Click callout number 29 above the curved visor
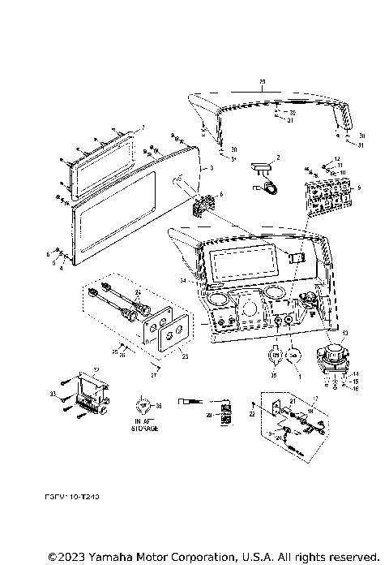(261, 83)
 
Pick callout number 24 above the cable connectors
(138, 291)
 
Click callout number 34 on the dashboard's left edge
(183, 280)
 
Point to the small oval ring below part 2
(269, 188)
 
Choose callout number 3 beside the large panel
(212, 168)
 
